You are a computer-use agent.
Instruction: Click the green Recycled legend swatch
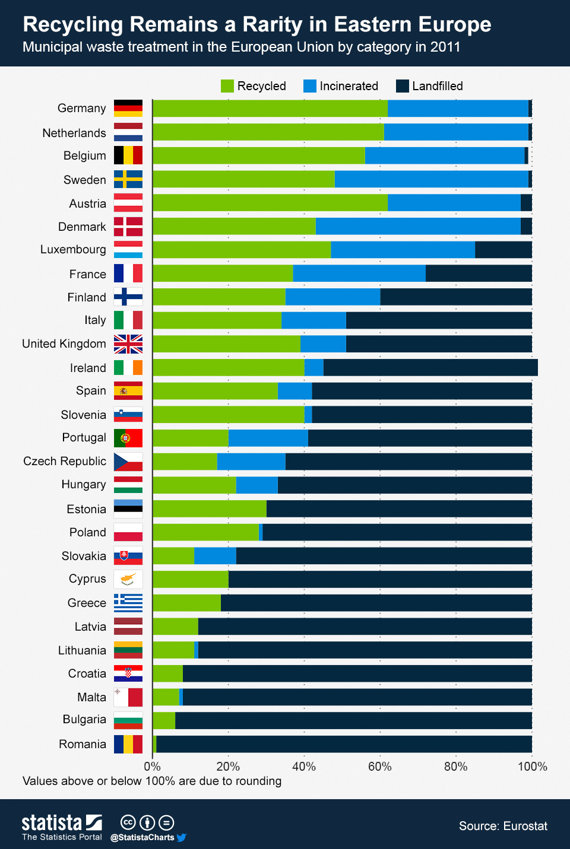click(227, 86)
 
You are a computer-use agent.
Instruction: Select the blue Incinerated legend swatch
click(309, 86)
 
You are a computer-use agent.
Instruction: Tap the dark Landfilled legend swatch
click(402, 86)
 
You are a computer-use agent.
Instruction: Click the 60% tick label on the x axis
click(379, 767)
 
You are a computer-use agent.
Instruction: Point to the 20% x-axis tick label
click(228, 767)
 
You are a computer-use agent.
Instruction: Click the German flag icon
click(128, 109)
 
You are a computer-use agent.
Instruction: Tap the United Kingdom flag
click(128, 344)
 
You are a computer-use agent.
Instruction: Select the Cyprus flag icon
click(128, 579)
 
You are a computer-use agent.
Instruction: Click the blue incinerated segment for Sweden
click(431, 179)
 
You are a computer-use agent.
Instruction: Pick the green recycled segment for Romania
click(154, 744)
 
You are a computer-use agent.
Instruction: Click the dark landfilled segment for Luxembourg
click(503, 250)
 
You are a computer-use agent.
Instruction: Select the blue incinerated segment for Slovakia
click(215, 556)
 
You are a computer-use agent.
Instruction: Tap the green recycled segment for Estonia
click(209, 509)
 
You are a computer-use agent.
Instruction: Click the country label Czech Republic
click(65, 462)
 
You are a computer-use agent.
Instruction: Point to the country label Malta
click(91, 697)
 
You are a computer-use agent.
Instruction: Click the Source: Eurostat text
click(503, 826)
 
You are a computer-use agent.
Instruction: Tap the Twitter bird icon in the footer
click(182, 838)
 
